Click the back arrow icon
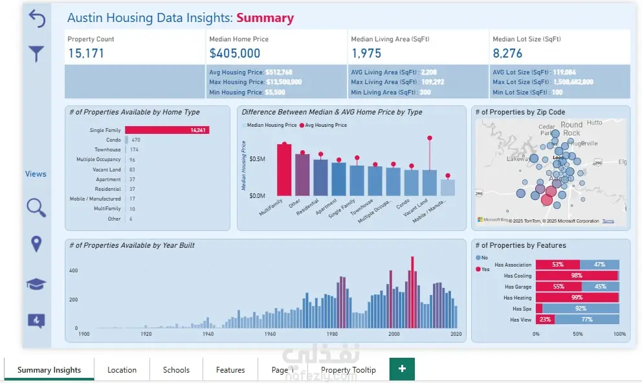[x=36, y=19]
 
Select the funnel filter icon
[x=36, y=54]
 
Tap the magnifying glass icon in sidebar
[x=36, y=208]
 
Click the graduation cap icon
[x=36, y=284]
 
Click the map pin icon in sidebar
[x=36, y=244]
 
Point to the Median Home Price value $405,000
[x=235, y=54]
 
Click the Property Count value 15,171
[x=86, y=54]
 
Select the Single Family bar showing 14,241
[x=167, y=130]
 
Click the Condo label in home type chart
[x=113, y=140]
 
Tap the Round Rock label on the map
[x=571, y=129]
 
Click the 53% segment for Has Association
[x=557, y=265]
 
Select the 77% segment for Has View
[x=586, y=320]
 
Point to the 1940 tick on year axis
[x=208, y=334]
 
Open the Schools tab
[x=176, y=370]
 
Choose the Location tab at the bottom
[x=122, y=370]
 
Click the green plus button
[x=402, y=369]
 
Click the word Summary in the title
[x=265, y=18]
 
